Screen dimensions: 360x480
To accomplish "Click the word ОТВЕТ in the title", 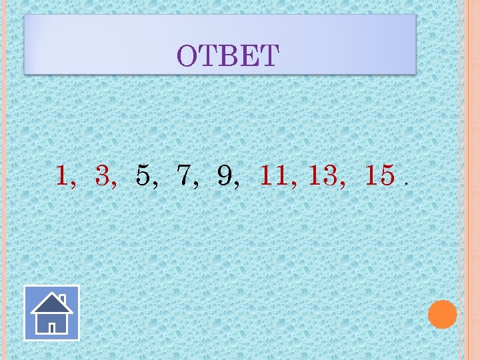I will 227,56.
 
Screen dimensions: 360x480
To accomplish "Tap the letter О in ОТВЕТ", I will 187,57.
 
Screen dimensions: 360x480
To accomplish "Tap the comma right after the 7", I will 196,185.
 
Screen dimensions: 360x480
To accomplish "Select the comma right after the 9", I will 237,185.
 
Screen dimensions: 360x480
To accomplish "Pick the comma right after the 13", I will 342,185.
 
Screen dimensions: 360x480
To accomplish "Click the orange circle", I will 442,314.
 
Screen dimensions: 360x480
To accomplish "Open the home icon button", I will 51,313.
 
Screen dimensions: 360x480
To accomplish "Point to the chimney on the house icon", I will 62,299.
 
